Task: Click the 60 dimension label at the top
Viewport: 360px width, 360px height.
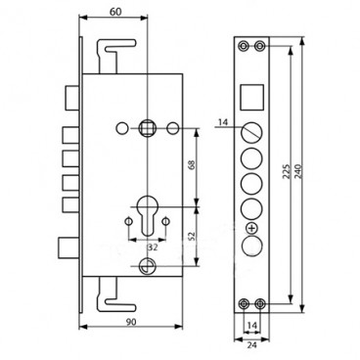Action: (x=115, y=12)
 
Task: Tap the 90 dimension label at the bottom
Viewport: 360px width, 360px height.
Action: (x=131, y=322)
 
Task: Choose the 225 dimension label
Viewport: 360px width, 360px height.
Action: (x=286, y=170)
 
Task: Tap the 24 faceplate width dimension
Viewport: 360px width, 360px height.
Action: (x=252, y=345)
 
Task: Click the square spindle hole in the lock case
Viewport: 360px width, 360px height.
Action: (x=147, y=128)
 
